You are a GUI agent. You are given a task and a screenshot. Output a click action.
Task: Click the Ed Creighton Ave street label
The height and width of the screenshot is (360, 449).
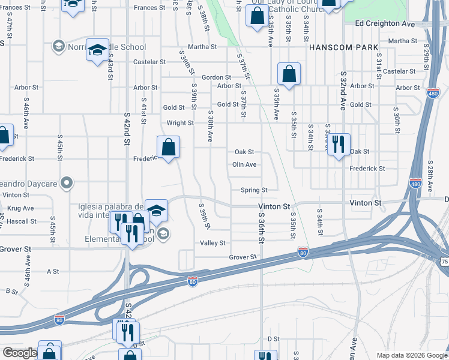pyautogui.click(x=385, y=23)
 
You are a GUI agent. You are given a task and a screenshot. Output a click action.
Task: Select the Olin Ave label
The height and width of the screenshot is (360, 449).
pyautogui.click(x=244, y=164)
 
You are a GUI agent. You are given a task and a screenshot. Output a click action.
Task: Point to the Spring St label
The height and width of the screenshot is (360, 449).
pyautogui.click(x=254, y=190)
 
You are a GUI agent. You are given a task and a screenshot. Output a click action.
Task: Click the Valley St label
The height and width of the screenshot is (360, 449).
pyautogui.click(x=212, y=243)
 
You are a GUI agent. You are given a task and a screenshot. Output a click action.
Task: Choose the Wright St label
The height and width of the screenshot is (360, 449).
pyautogui.click(x=180, y=123)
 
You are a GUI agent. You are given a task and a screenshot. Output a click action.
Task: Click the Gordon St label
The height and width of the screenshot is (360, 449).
pyautogui.click(x=216, y=77)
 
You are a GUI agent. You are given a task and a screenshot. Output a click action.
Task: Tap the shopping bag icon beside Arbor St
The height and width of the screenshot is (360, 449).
pyautogui.click(x=289, y=74)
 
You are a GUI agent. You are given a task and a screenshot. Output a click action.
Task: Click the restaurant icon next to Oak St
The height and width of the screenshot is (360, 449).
pyautogui.click(x=339, y=144)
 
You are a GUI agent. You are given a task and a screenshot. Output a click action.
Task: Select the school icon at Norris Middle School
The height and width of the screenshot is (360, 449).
pyautogui.click(x=97, y=50)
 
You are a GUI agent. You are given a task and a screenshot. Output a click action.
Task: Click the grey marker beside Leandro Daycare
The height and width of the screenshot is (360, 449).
pyautogui.click(x=67, y=181)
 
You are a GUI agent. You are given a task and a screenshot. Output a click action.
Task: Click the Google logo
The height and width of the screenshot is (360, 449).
pyautogui.click(x=20, y=353)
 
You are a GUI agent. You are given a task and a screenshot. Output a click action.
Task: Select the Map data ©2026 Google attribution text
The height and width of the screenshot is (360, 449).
pyautogui.click(x=411, y=355)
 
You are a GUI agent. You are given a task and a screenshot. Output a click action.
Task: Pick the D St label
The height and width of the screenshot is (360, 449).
pyautogui.click(x=274, y=339)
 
